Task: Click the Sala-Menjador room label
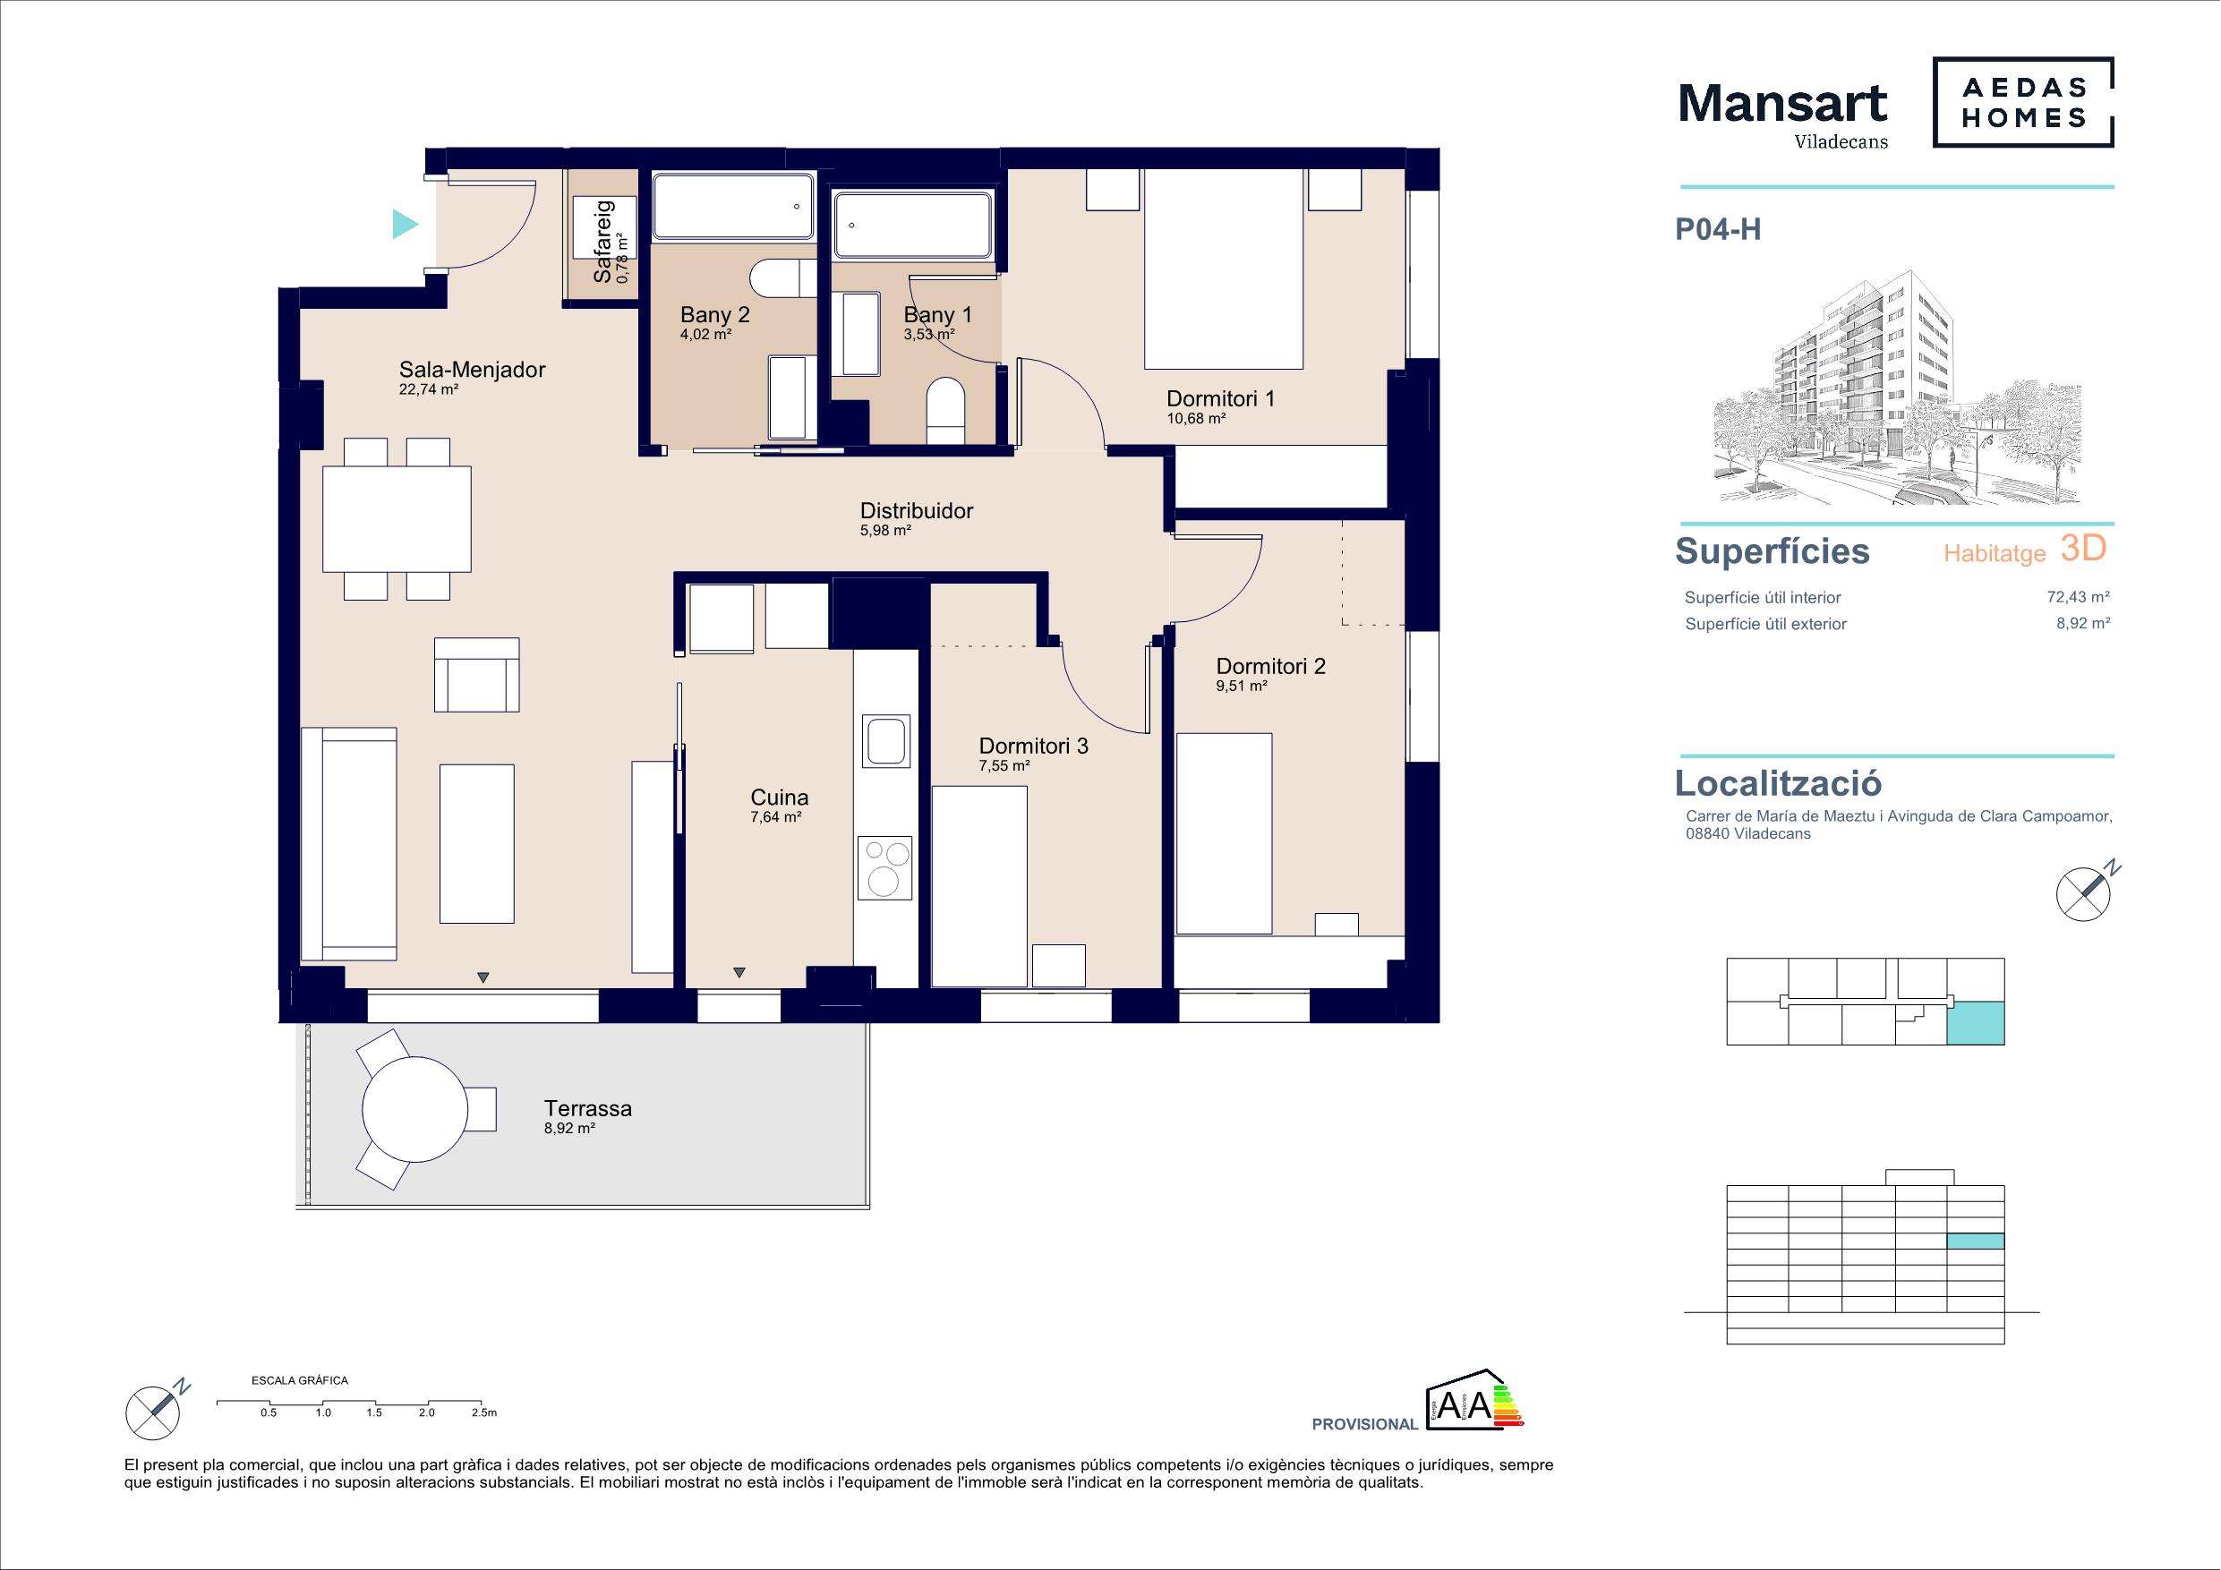(472, 370)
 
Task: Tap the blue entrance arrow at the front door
(404, 225)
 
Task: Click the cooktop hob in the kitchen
(884, 866)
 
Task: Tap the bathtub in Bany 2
(732, 206)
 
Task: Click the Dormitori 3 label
(1033, 746)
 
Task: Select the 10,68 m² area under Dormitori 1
(1196, 419)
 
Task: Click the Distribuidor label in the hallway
(916, 511)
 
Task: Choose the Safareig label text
(602, 242)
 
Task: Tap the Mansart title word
(1781, 104)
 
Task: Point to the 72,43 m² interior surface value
(2078, 598)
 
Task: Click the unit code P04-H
(1718, 229)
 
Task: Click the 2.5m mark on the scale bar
(483, 1412)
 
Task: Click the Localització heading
(1778, 782)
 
